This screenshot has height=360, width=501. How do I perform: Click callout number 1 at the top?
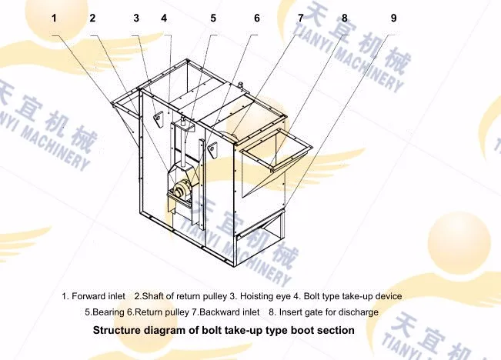tap(54, 17)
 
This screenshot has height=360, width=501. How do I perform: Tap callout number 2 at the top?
tap(92, 17)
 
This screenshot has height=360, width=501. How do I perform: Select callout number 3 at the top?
tap(136, 17)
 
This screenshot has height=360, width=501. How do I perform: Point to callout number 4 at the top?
tap(164, 17)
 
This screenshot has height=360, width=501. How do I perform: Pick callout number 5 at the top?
tap(212, 17)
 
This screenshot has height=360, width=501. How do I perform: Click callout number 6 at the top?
tap(256, 17)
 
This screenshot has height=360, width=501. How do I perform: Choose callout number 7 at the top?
tap(300, 17)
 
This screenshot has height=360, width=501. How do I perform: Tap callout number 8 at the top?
tap(344, 17)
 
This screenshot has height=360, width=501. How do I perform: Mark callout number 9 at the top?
tap(393, 17)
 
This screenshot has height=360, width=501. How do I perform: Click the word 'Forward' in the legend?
tap(89, 296)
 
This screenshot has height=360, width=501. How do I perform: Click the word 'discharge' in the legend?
tap(357, 312)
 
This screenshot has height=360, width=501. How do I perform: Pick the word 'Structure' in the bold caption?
tap(116, 331)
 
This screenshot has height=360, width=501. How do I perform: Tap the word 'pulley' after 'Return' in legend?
tap(174, 312)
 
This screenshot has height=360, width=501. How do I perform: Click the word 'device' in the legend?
tap(387, 296)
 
